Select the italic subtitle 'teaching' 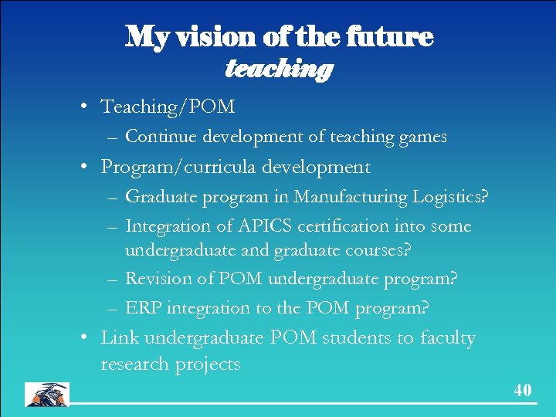[x=278, y=69]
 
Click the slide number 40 [x=523, y=391]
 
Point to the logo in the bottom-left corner [x=46, y=394]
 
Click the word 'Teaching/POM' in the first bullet [x=168, y=106]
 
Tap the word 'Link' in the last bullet [x=119, y=337]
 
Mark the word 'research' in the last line [x=134, y=364]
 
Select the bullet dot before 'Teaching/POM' [x=90, y=107]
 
